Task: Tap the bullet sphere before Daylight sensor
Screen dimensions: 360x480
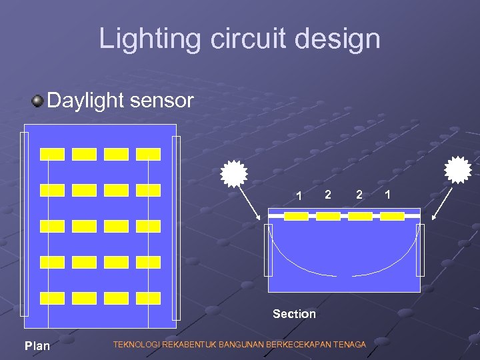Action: (37, 101)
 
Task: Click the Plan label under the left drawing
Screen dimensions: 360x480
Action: (37, 345)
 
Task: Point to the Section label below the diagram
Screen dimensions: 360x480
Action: (294, 313)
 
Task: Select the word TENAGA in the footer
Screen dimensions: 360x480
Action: (349, 345)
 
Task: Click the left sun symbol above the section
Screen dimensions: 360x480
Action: (234, 173)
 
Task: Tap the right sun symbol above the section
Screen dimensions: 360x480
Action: (458, 169)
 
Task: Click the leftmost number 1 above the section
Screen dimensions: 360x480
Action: (300, 195)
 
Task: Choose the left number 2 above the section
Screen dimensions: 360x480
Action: (327, 194)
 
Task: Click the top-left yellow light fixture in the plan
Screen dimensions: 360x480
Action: (53, 155)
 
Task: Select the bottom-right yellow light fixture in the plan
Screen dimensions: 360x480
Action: (148, 298)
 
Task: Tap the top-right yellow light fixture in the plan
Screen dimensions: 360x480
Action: (148, 155)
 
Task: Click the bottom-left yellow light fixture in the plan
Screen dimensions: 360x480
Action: (53, 298)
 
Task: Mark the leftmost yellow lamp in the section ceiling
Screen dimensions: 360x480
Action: (296, 216)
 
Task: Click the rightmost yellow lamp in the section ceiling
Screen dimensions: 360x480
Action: (392, 216)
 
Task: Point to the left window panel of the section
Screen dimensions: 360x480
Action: (269, 250)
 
